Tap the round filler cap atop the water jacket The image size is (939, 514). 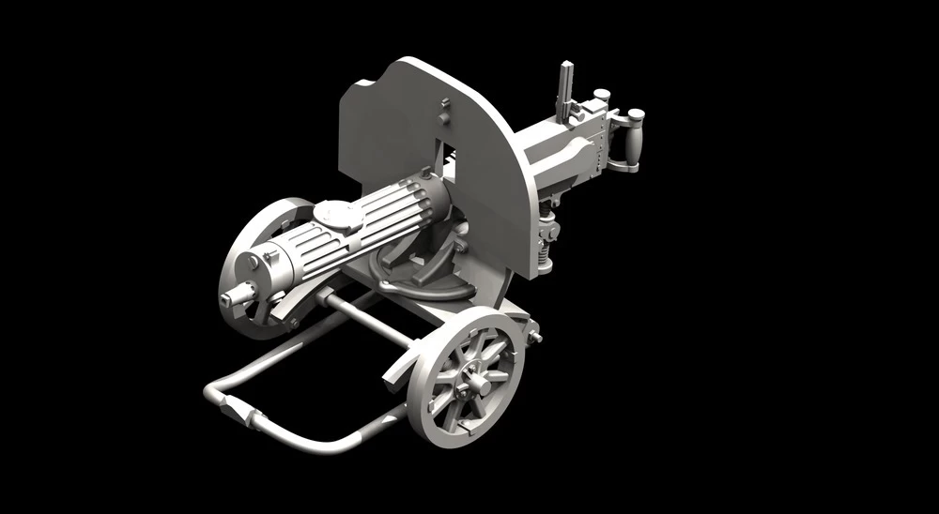[336, 215]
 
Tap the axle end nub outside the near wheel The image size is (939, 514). [535, 335]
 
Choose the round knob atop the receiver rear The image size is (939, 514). [602, 95]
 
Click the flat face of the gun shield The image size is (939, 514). [394, 131]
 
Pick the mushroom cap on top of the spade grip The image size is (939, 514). [636, 115]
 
